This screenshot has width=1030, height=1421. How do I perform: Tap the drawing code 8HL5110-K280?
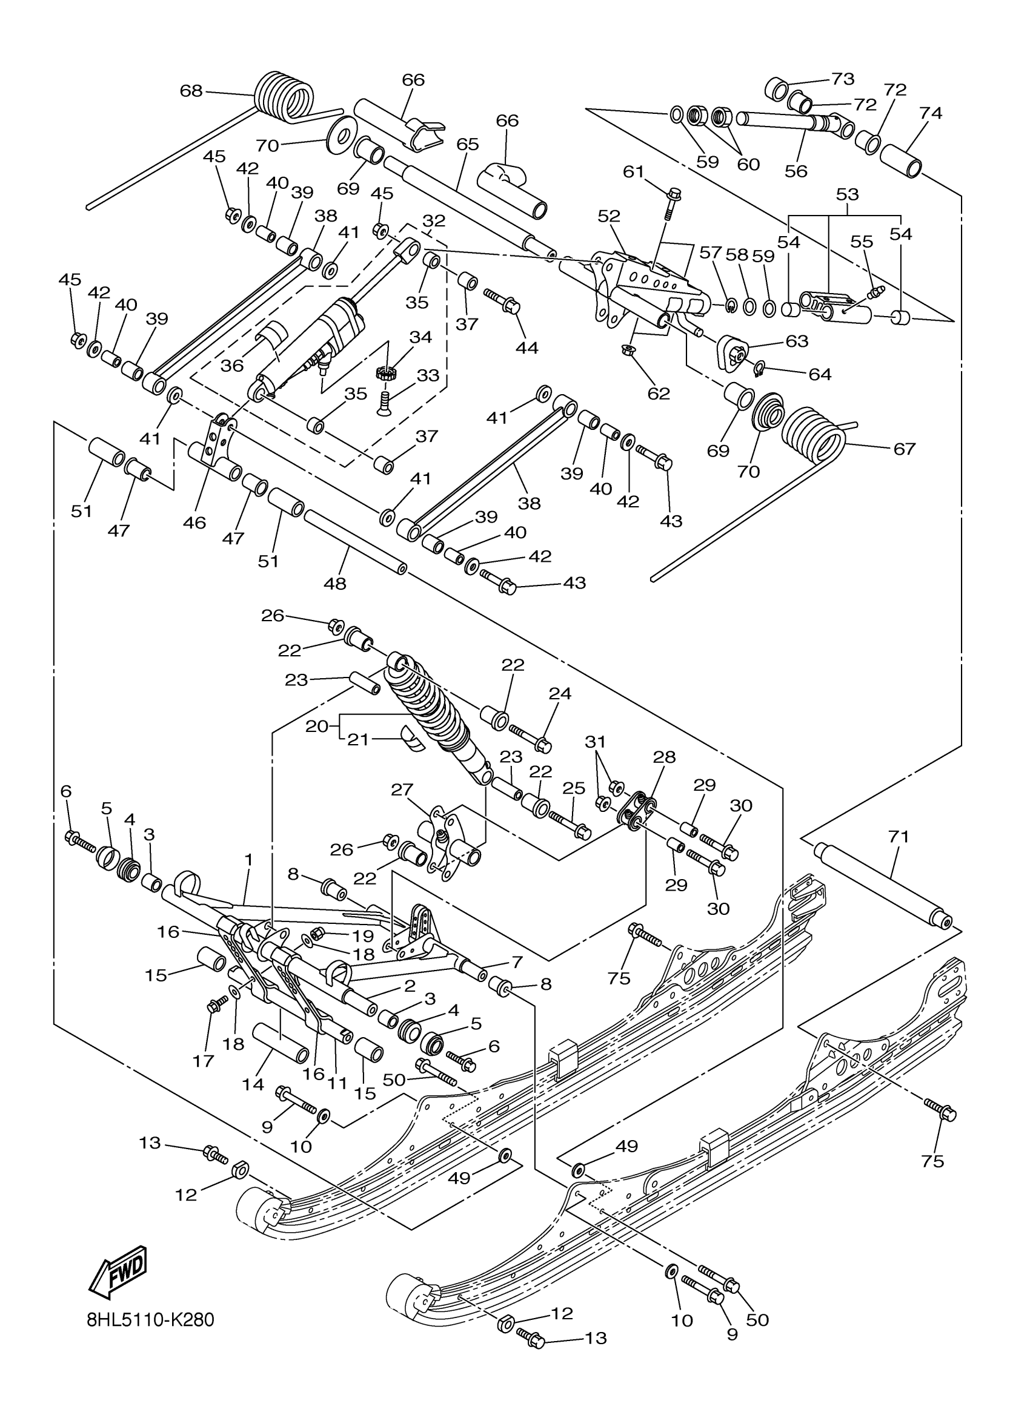(150, 1320)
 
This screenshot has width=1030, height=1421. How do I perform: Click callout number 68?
(191, 91)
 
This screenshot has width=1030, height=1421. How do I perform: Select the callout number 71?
(898, 837)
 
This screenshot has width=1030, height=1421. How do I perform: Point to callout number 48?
(335, 583)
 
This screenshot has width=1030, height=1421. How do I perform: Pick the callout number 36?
(232, 365)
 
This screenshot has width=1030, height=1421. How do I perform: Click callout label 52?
(609, 216)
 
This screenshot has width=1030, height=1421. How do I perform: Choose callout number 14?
(253, 1084)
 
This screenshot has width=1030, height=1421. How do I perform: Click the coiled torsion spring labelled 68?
(285, 97)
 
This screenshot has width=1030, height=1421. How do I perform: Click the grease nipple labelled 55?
(872, 292)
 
